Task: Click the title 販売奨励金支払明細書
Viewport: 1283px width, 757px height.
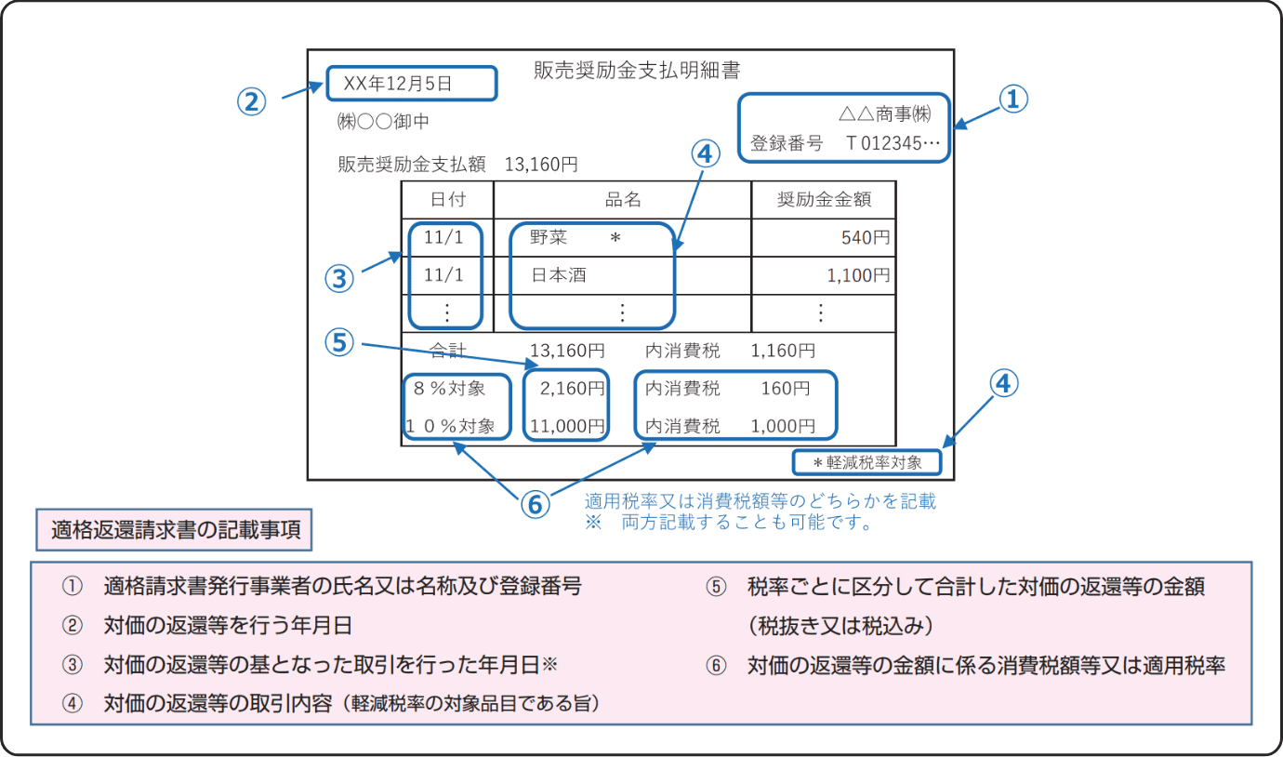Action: (637, 70)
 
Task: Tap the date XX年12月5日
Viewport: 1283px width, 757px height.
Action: (398, 84)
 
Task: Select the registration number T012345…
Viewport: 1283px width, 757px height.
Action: (893, 142)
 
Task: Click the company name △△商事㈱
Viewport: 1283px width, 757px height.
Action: (885, 114)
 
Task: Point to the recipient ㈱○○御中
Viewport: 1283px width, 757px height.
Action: (383, 122)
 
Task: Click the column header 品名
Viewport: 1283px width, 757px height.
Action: (623, 199)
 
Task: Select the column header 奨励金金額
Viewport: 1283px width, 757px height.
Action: (825, 199)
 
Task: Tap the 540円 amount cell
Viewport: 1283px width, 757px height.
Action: (866, 237)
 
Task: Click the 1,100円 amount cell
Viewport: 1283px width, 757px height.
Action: (858, 275)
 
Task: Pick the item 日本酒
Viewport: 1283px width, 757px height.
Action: (559, 275)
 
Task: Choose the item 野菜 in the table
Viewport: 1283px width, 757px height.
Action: (549, 237)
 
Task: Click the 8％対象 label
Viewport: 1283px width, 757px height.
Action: (450, 389)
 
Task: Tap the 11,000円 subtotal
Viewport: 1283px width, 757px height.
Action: (567, 426)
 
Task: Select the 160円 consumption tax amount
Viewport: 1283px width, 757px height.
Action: (786, 389)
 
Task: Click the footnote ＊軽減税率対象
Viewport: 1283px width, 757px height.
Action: (867, 462)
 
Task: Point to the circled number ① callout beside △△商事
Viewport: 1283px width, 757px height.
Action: (1013, 100)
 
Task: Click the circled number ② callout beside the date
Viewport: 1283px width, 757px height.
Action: (251, 102)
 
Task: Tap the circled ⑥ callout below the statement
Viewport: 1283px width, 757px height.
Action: (535, 505)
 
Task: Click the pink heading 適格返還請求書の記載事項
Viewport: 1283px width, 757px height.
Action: (175, 530)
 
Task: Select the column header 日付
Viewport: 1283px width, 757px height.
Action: (447, 199)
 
